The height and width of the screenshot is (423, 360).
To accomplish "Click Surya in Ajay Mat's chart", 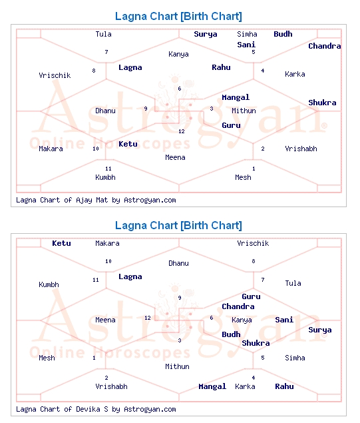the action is (x=206, y=35).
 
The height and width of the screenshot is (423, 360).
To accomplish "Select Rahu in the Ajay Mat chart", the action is (x=221, y=67).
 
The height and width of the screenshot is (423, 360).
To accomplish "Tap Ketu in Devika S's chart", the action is (x=61, y=243).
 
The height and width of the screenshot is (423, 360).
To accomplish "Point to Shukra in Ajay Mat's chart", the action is (x=322, y=103).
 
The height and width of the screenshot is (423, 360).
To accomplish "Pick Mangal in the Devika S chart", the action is (x=212, y=386).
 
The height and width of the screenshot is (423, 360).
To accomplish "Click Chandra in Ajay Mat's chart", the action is (x=325, y=46).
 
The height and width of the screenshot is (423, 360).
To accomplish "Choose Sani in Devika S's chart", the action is (x=284, y=320).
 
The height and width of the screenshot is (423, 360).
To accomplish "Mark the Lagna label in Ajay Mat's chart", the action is (x=130, y=68).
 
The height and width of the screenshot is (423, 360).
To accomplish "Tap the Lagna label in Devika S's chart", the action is (x=130, y=277).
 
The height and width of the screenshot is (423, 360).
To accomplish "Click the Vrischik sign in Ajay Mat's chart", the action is (x=55, y=75).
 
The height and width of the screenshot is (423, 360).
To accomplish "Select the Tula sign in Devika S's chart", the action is (x=293, y=283).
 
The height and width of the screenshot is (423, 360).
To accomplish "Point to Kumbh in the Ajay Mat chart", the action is (x=105, y=177).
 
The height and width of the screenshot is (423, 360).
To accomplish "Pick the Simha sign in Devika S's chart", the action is (x=295, y=358).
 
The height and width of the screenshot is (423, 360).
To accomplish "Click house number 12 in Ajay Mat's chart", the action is (x=182, y=131).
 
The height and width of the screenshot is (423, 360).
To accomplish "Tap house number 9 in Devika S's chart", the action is (x=180, y=298).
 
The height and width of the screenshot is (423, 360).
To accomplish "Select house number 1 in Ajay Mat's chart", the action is (x=254, y=169).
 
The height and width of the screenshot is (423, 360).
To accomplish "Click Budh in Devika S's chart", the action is (x=231, y=334).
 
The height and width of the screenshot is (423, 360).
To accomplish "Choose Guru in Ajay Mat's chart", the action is (x=231, y=125).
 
